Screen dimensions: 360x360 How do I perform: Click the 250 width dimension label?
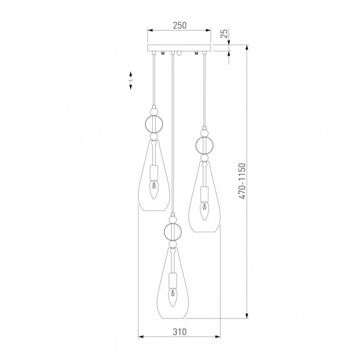coord(180,25)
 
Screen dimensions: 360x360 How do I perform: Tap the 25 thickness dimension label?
coord(224,34)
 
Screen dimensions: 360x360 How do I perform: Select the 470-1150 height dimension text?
coord(242,181)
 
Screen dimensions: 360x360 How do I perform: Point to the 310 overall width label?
coord(180,332)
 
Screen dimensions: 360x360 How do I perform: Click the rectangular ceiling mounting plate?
coord(179,48)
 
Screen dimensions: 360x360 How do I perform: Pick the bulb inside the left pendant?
coord(154,189)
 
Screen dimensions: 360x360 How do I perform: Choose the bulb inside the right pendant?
coord(204,211)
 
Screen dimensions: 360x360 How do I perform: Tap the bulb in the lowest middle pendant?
coord(172,298)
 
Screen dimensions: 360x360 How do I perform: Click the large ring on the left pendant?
coord(145,124)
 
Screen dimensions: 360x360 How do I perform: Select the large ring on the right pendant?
coord(196,145)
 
